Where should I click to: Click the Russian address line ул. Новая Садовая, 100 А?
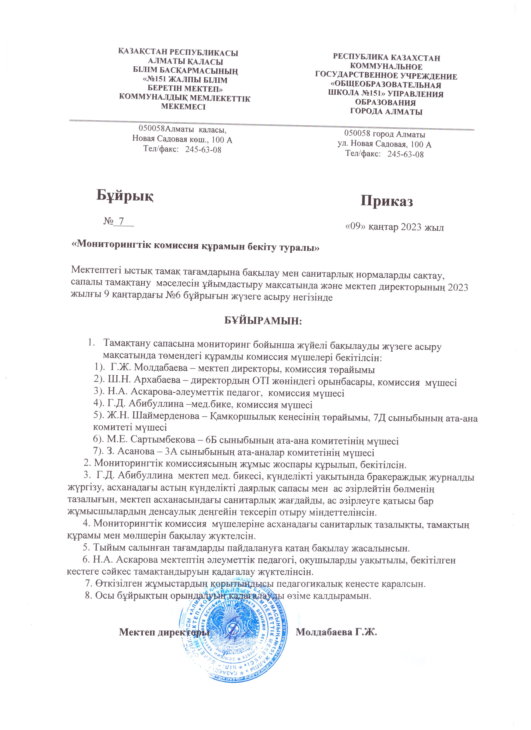(385, 145)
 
